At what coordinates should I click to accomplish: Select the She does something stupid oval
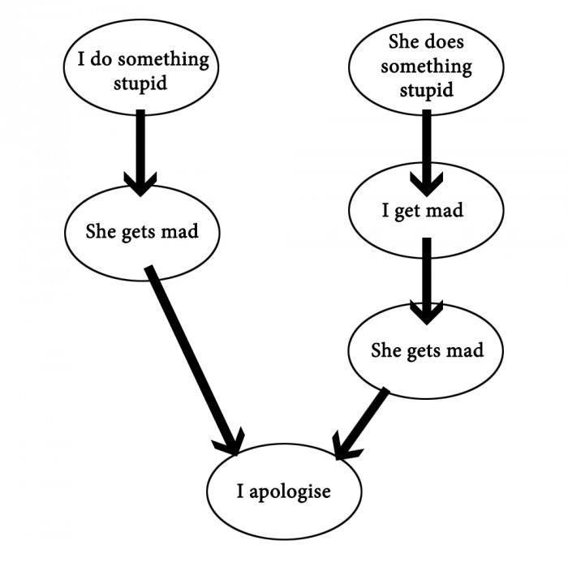(425, 65)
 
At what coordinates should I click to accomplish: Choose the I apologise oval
(283, 491)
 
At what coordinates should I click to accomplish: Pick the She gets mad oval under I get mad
(427, 350)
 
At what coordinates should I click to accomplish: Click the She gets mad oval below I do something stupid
(141, 231)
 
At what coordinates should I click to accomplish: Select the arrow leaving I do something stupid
(141, 150)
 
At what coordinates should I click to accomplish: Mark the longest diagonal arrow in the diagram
(191, 357)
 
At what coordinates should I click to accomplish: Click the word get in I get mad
(407, 212)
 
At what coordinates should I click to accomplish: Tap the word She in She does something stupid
(405, 41)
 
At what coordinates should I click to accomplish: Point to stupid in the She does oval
(426, 90)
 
